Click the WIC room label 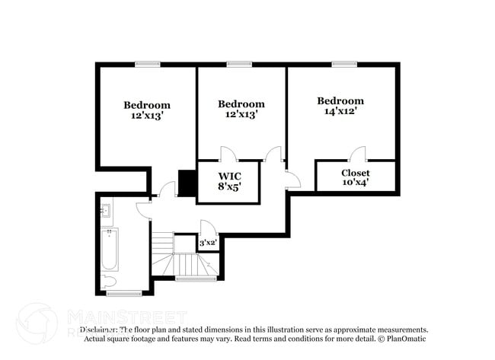[x=227, y=176]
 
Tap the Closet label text [x=355, y=173]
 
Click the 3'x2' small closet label [x=208, y=244]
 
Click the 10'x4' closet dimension [x=355, y=183]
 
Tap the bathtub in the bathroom [x=109, y=251]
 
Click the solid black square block [x=187, y=183]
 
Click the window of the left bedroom [x=147, y=64]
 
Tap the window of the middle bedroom [x=239, y=64]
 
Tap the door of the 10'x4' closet [x=357, y=153]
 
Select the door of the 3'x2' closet [x=206, y=228]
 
